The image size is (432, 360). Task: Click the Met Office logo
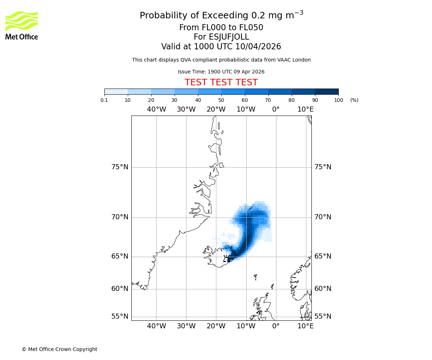pos(22,25)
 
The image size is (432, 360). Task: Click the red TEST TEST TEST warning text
pos(221,83)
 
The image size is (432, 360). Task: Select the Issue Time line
pos(221,72)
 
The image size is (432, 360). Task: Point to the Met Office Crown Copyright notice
pos(59,349)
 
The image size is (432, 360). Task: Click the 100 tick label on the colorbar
pos(338,100)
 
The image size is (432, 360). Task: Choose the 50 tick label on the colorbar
pos(221,100)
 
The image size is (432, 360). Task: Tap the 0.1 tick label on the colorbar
pos(104,100)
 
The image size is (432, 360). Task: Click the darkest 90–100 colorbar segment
pos(327,91)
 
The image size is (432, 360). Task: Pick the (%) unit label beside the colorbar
pos(354,100)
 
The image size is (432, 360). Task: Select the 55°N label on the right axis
pos(323,316)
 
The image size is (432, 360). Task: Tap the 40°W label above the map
pos(156,109)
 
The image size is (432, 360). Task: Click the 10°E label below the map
pos(305,326)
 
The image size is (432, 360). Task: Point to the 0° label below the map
pos(276,326)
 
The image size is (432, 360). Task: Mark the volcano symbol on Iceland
pos(226,258)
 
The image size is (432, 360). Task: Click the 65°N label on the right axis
pos(323,256)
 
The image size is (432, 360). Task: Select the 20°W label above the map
pos(216,109)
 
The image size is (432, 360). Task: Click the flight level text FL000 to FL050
pos(221,28)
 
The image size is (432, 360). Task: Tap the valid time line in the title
pos(221,47)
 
